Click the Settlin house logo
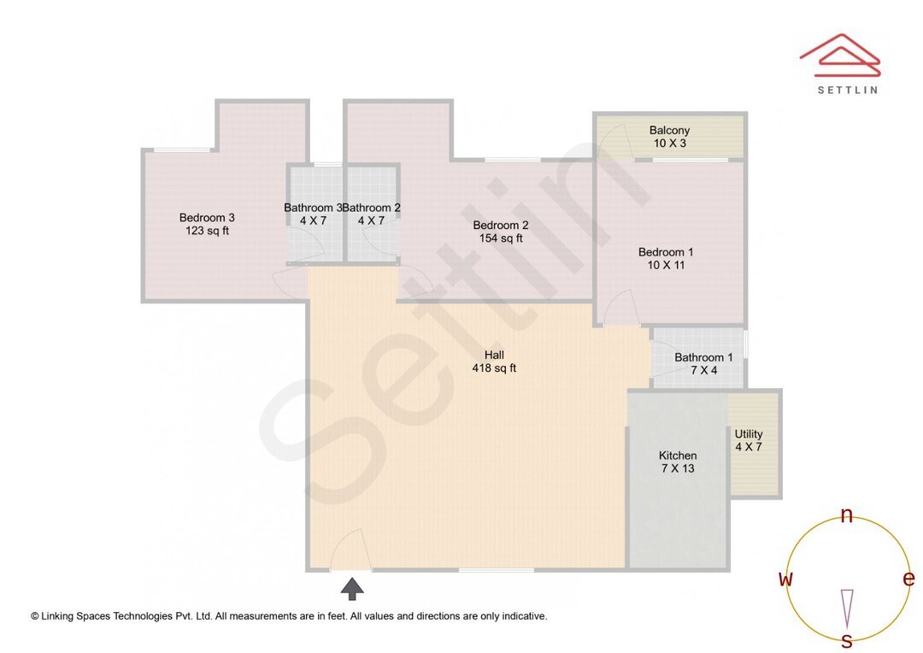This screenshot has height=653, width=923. pyautogui.click(x=840, y=56)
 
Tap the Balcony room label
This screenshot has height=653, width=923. pyautogui.click(x=669, y=130)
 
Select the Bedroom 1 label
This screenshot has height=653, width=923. pyautogui.click(x=666, y=252)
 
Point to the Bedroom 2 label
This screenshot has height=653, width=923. pyautogui.click(x=501, y=226)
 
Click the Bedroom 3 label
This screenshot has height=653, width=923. pyautogui.click(x=207, y=217)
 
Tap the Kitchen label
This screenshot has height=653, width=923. pyautogui.click(x=678, y=456)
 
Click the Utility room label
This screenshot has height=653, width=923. pyautogui.click(x=749, y=434)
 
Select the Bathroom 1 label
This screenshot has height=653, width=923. pyautogui.click(x=703, y=357)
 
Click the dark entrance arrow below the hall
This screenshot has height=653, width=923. pyautogui.click(x=352, y=588)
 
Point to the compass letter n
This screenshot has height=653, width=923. pyautogui.click(x=847, y=515)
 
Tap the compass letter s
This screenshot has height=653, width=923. pyautogui.click(x=847, y=640)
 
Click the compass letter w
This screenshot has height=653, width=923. pyautogui.click(x=785, y=579)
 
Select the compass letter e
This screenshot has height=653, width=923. pyautogui.click(x=908, y=579)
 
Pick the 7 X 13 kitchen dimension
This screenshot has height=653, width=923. pyautogui.click(x=678, y=468)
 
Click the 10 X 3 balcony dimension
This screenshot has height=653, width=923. pyautogui.click(x=669, y=143)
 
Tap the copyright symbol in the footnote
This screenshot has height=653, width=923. pyautogui.click(x=35, y=615)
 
